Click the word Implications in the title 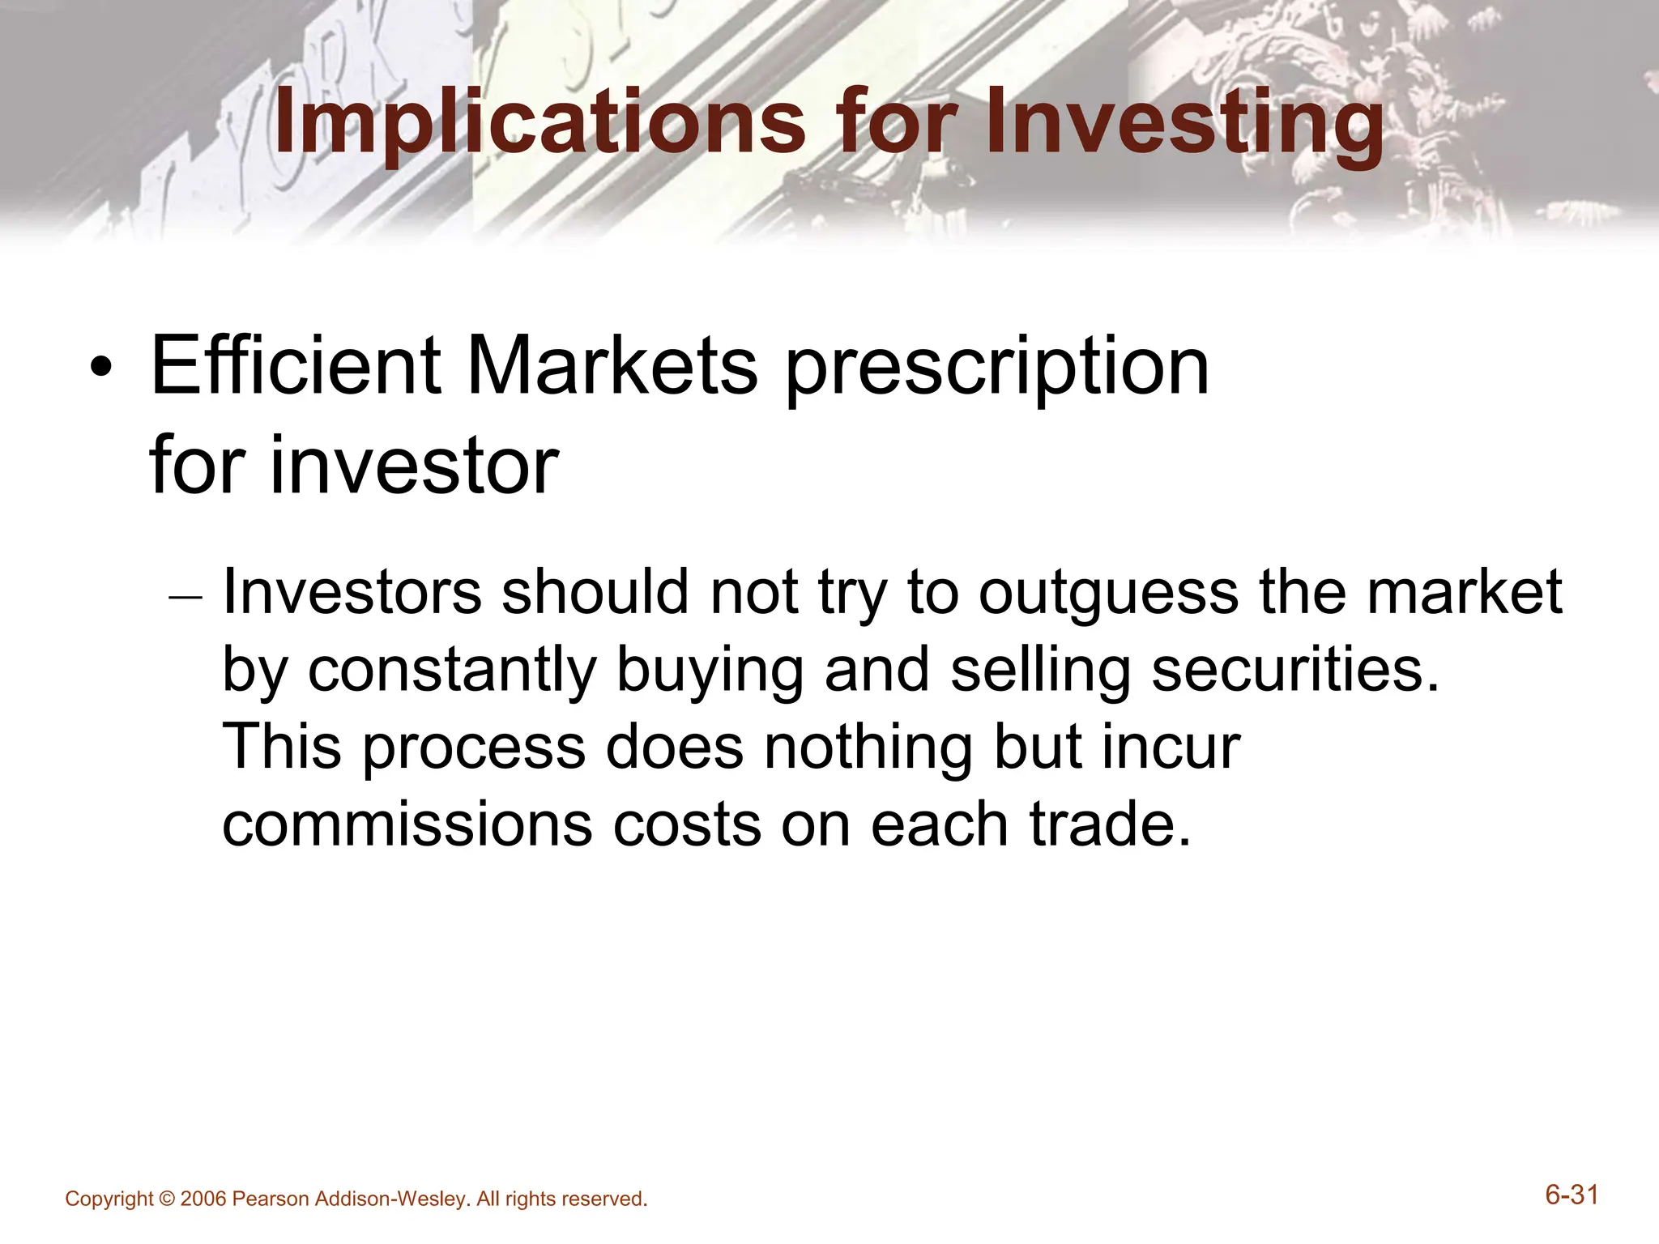539,123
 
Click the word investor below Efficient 413,466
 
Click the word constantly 452,671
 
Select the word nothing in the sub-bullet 868,747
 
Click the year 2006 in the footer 203,1199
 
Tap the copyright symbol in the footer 167,1199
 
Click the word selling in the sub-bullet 1040,671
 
